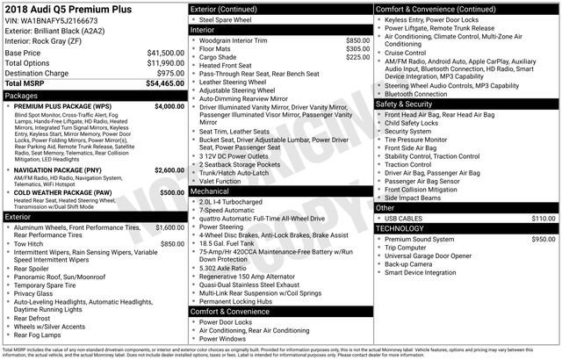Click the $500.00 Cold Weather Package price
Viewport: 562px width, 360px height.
(172, 191)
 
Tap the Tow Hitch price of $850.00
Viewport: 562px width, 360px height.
(172, 243)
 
